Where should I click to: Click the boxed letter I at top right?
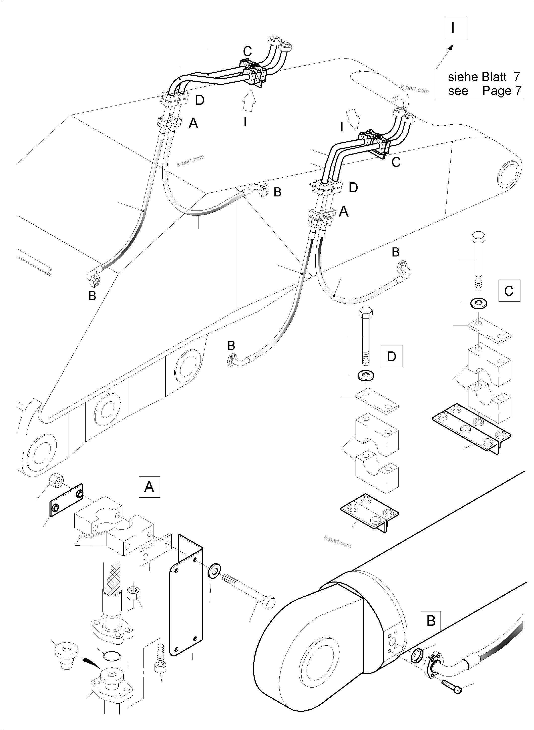(457, 28)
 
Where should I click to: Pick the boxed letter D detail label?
(392, 356)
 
